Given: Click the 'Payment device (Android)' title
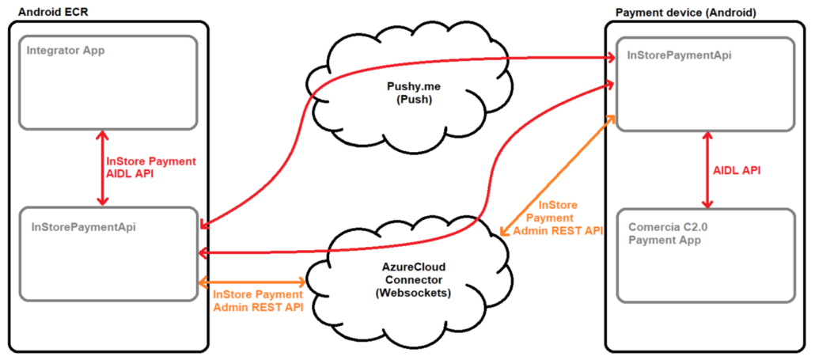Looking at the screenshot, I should click(x=685, y=12).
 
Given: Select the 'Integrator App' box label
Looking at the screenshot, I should click(x=66, y=51).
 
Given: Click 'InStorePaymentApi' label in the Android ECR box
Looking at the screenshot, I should click(x=84, y=226).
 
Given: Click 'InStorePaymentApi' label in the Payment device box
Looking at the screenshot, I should click(x=679, y=56).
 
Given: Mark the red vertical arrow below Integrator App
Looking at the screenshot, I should click(x=101, y=168).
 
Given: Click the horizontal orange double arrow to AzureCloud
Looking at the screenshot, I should click(x=253, y=282).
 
